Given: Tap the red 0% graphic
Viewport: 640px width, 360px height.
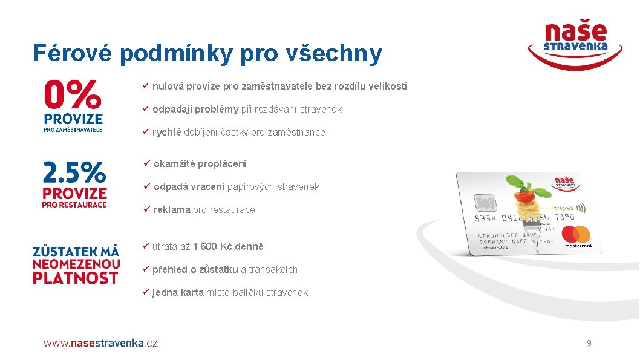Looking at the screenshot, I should pos(72,95).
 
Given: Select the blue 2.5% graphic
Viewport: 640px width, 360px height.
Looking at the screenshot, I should pos(74,172).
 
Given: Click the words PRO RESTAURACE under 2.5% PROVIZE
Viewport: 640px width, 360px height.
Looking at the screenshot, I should pos(74,205).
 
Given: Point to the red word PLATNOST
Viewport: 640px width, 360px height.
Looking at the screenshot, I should pos(75,278).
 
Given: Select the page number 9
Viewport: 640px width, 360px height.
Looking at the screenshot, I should pos(589,343).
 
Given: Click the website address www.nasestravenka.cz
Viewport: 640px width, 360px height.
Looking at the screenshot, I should pos(100,343).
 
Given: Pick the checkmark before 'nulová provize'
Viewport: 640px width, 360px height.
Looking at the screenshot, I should pos(145,86).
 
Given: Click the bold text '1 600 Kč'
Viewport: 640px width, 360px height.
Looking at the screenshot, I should pos(217,246).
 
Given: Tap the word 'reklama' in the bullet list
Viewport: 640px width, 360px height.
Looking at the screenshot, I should pos(172,209).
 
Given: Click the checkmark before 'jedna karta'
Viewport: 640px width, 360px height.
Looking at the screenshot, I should pos(145,292).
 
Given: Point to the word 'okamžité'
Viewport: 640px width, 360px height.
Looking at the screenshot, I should pos(174,163).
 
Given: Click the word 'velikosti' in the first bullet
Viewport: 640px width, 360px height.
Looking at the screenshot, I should pos(385,86).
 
